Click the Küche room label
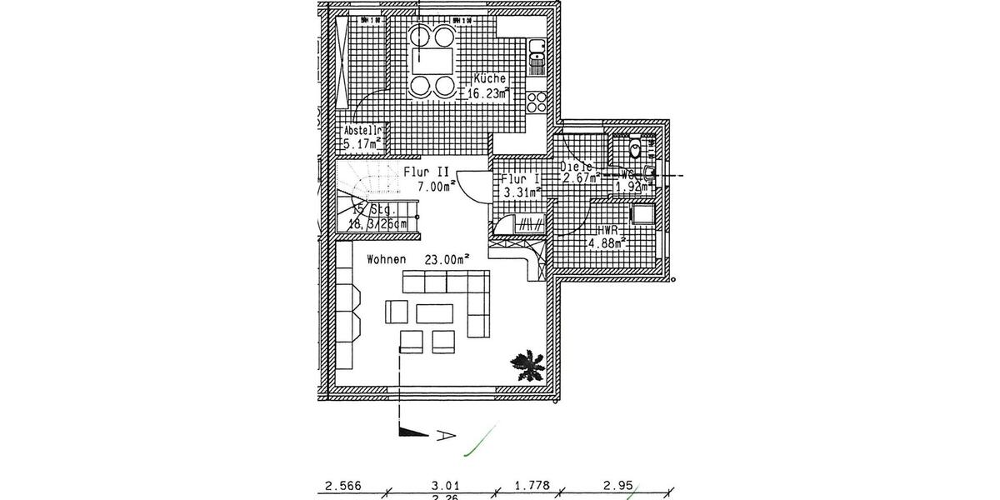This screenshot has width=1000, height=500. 489,79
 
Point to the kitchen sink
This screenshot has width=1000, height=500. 537,52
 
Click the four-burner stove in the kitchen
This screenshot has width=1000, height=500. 537,102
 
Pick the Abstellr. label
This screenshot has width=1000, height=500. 362,131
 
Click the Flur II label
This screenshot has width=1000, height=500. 427,172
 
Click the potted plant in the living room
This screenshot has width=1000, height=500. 527,365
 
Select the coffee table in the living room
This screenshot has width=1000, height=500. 434,312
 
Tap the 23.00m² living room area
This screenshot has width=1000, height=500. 446,259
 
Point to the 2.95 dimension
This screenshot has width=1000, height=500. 618,483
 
